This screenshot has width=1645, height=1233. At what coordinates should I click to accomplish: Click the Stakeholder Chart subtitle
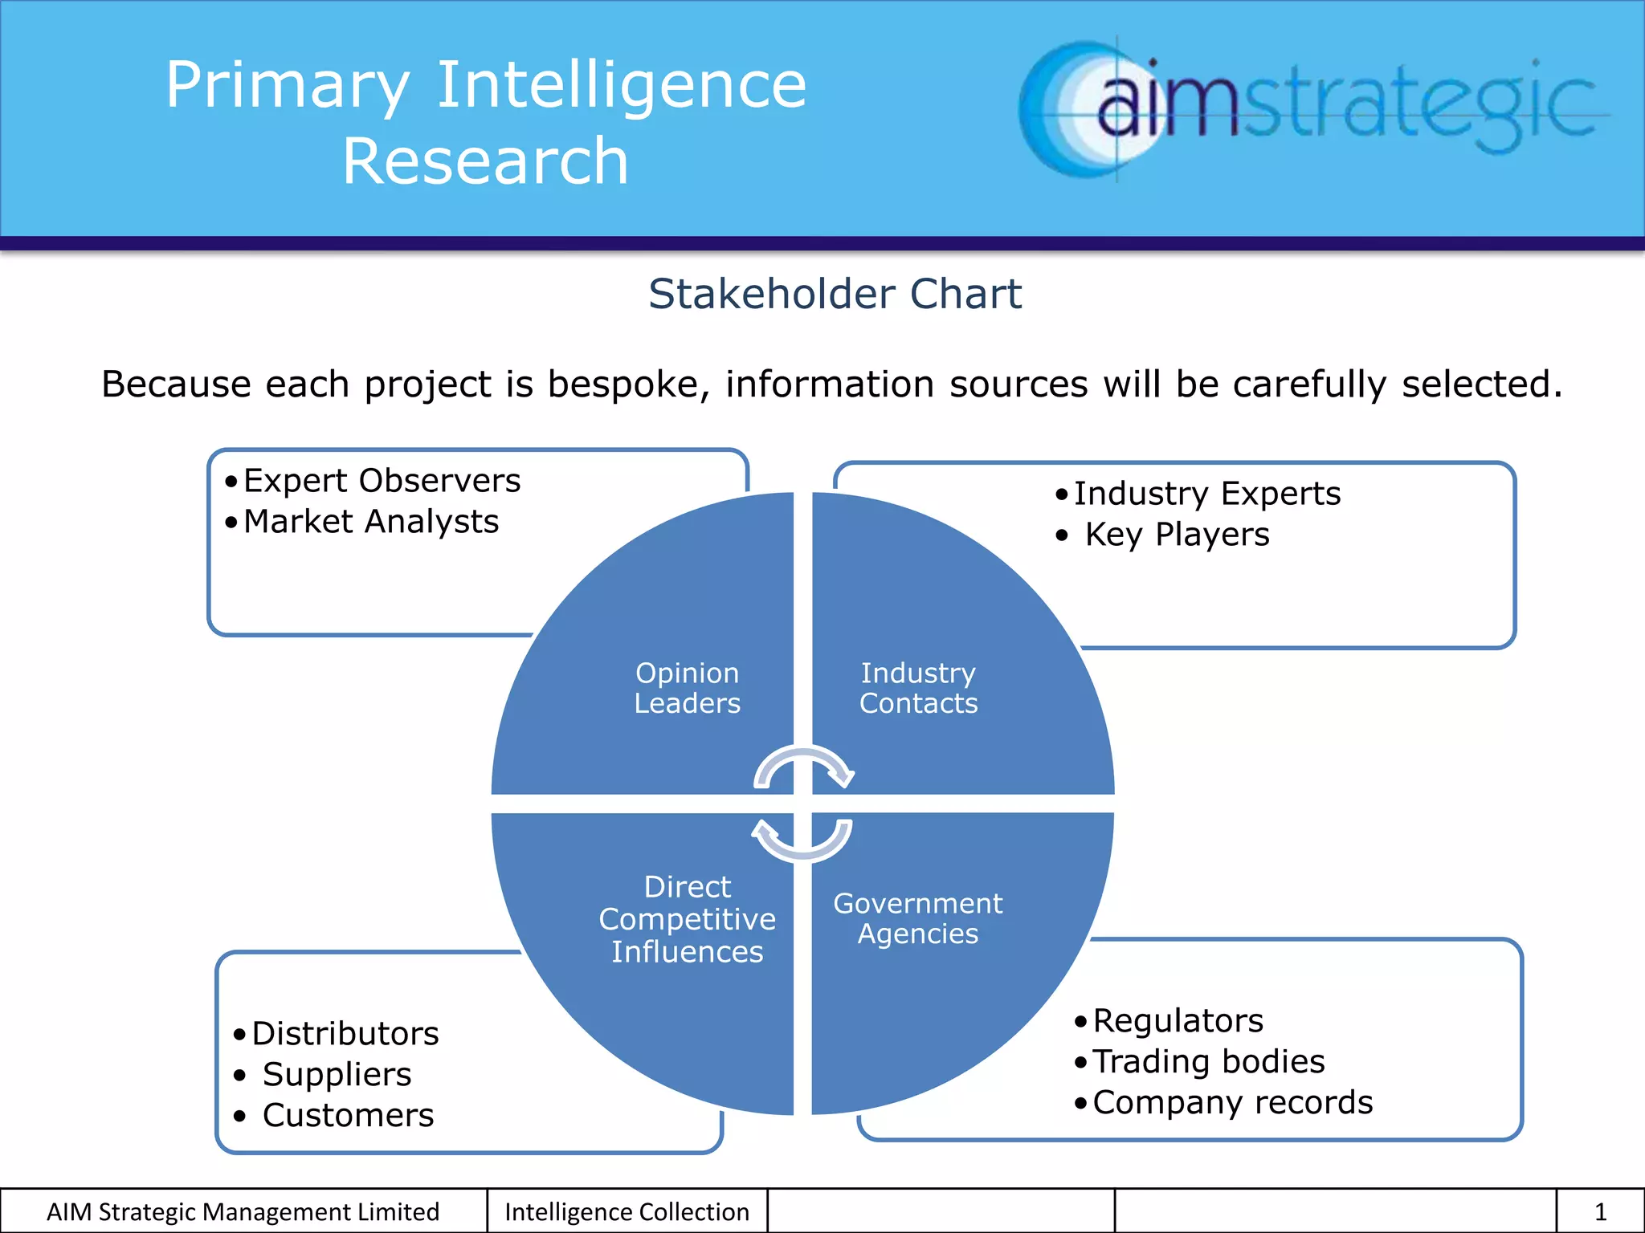point(835,294)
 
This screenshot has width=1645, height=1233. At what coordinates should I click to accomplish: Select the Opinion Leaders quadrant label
point(687,688)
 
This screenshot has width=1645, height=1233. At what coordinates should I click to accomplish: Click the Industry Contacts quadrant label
point(918,688)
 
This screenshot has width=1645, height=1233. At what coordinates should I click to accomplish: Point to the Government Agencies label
point(918,918)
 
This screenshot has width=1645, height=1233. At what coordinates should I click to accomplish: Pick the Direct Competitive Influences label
point(687,919)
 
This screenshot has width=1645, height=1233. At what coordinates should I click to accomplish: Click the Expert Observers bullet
point(382,481)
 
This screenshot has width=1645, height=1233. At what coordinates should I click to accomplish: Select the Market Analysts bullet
point(370,522)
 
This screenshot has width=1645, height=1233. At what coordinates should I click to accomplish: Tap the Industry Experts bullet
point(1206,494)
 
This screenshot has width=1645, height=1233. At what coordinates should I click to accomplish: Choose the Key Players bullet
point(1177,535)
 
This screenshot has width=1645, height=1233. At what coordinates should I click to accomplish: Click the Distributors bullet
point(345,1034)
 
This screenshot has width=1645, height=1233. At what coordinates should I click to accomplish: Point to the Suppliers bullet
point(337,1075)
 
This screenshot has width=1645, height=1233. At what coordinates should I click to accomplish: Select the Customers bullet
point(348,1116)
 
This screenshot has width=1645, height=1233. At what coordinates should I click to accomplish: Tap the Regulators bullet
point(1178,1021)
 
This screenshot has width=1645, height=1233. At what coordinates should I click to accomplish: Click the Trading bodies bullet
point(1208,1062)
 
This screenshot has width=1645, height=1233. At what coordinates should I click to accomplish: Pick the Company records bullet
point(1232,1103)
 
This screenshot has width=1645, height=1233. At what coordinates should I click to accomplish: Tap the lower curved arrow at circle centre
point(802,843)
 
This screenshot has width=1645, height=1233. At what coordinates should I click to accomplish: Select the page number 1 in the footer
point(1600,1212)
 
